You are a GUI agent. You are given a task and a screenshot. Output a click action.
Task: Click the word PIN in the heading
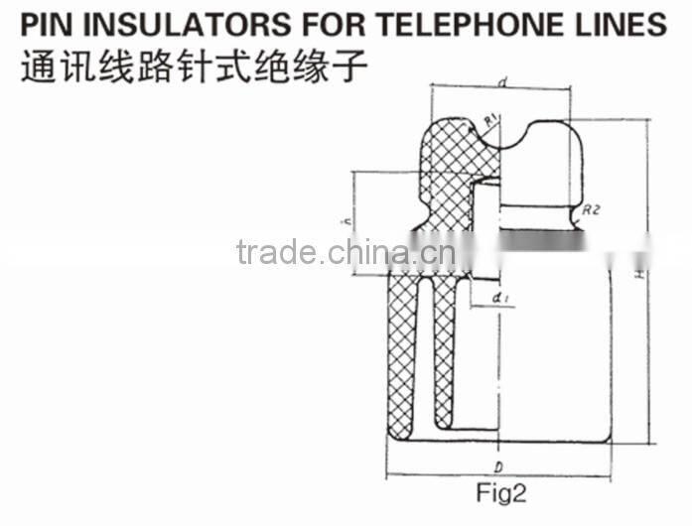(x=50, y=24)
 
